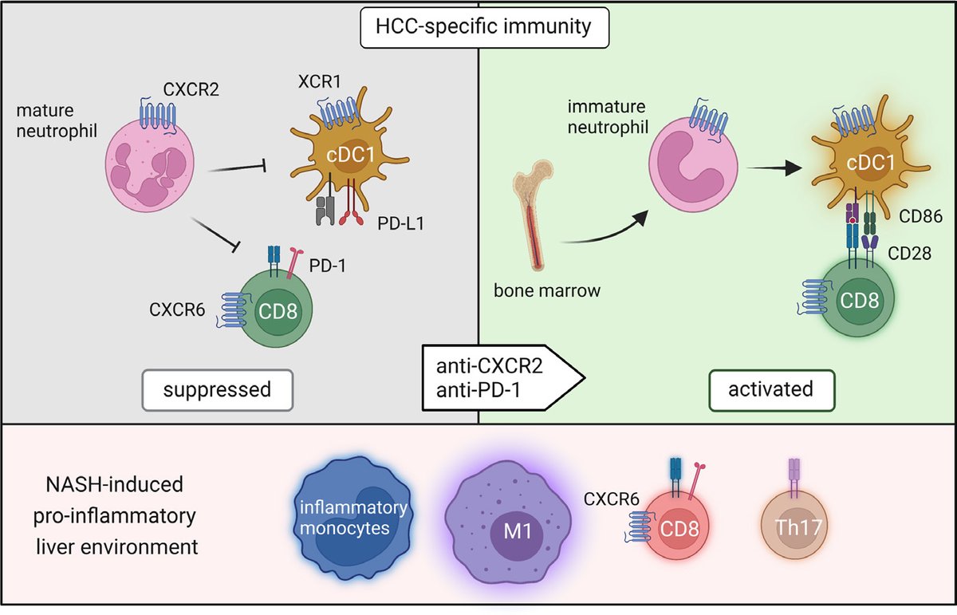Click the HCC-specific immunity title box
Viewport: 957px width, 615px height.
(477, 27)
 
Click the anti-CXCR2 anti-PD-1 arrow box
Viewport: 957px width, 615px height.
(498, 376)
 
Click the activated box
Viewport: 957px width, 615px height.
(770, 389)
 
